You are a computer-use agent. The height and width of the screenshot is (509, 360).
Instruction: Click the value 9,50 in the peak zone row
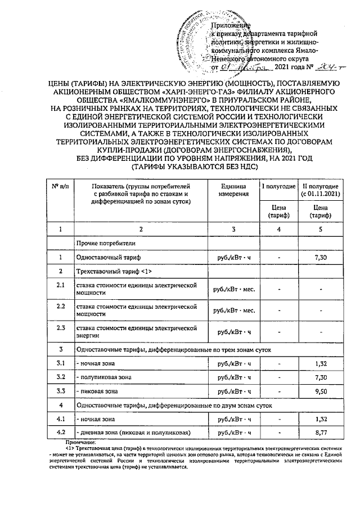[320, 391]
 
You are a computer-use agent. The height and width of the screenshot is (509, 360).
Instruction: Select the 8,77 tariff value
[320, 433]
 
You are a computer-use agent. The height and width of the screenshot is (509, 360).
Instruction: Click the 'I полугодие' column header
[279, 186]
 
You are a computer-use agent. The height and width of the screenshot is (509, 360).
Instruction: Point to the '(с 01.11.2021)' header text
[320, 194]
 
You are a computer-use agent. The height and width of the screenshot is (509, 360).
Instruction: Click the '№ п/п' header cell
[60, 186]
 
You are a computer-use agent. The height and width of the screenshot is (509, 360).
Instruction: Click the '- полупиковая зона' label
[104, 376]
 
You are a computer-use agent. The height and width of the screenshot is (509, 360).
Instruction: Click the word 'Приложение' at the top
[230, 26]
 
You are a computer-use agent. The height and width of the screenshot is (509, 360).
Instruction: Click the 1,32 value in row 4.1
[320, 419]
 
